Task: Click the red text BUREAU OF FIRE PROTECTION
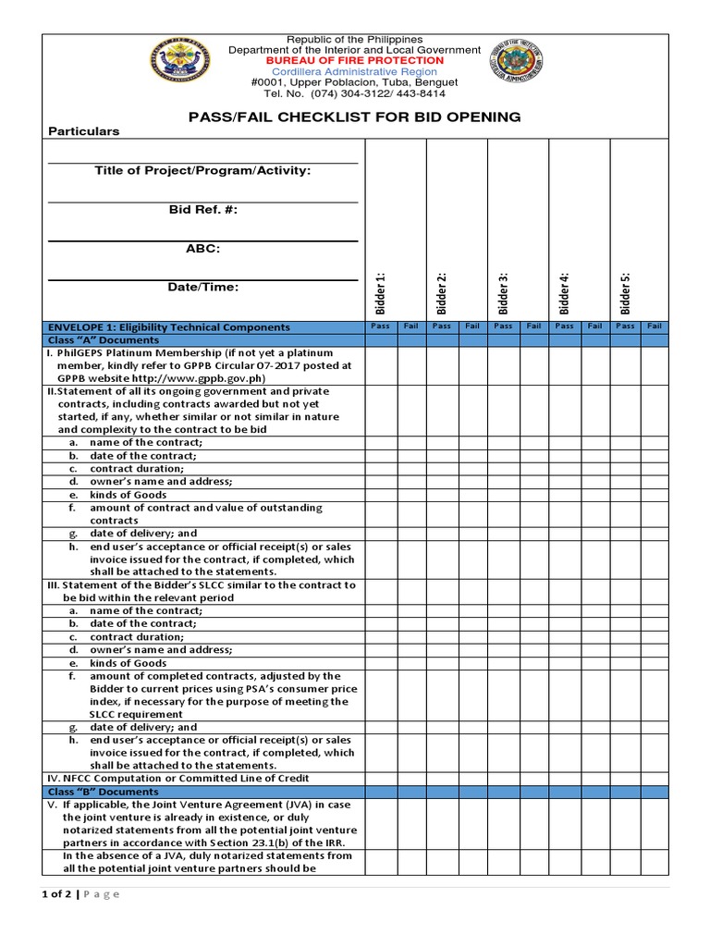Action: tap(355, 60)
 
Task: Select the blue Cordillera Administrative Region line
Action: tap(355, 71)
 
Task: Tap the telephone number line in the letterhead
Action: tap(355, 93)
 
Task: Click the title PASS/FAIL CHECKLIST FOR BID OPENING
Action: tap(355, 117)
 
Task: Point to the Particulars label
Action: tap(84, 131)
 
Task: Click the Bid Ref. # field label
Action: tap(202, 210)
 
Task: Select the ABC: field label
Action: tap(202, 249)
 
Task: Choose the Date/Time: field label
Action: tap(202, 288)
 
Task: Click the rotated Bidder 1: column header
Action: tap(381, 293)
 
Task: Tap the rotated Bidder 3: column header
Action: tap(504, 293)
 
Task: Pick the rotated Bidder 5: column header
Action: tap(626, 293)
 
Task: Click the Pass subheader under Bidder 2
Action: tap(442, 326)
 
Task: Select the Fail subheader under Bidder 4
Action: tap(594, 326)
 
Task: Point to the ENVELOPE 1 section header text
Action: tap(168, 327)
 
